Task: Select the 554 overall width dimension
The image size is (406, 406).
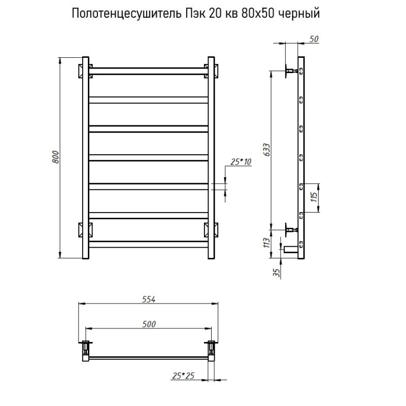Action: coord(148,299)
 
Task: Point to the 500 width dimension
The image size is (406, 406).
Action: coord(148,324)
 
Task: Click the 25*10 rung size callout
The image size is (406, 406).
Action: coord(241,162)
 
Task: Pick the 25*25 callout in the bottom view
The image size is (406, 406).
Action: coord(184,376)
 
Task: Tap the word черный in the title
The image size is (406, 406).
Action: coord(302,14)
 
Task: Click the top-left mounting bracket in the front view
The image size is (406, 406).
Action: coord(85,70)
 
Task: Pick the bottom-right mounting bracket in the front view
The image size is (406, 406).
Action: coord(212,229)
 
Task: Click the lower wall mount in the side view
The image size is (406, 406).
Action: coord(291,229)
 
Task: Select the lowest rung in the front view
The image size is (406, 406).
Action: coord(149,244)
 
